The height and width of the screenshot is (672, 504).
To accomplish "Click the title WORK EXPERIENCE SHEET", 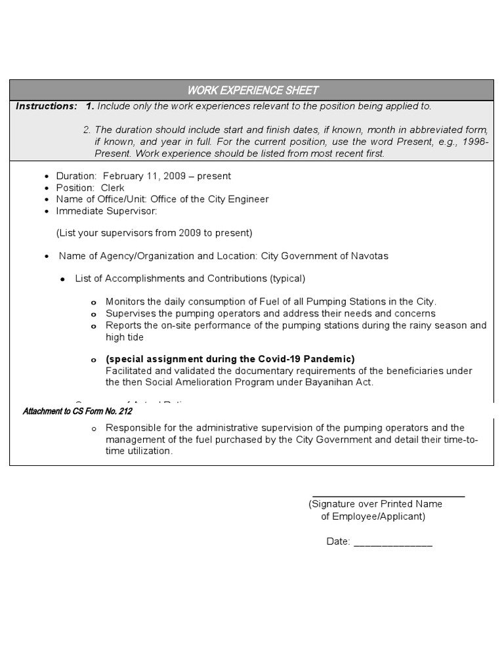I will point(253,91).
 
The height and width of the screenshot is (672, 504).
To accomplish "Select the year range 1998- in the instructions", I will point(473,142).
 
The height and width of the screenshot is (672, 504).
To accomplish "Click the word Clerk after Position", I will point(112,188).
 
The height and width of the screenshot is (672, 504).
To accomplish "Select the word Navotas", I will point(369,256).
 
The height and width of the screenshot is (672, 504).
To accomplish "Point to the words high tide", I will point(125,337).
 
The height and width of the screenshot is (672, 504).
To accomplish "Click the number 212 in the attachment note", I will point(125,411).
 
